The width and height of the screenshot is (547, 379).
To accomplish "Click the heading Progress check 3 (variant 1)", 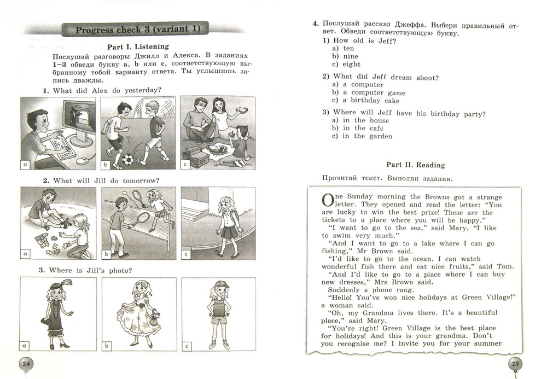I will pos(138,30).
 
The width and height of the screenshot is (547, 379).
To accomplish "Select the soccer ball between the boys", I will pos(127,160).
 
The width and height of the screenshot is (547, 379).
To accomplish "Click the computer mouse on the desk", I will pos(83,161).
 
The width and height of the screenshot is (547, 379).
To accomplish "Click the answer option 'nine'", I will pos(350,56).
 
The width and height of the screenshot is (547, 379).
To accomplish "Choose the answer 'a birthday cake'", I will pos(371,101).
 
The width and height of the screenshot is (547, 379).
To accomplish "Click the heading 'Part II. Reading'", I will pos(415,165).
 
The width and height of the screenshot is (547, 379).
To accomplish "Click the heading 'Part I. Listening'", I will pos(138,46).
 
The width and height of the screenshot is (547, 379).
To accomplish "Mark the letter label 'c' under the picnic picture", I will pos(187,163).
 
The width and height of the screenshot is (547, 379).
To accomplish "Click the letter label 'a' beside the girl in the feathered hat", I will pos(25,346).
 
